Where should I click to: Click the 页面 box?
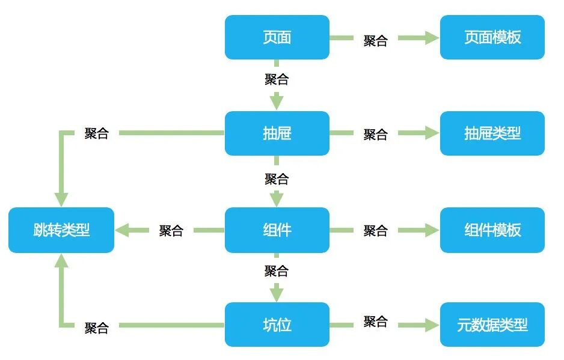[277, 37]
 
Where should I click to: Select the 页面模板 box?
[492, 37]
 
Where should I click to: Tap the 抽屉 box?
[277, 133]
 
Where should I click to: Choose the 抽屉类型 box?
[492, 133]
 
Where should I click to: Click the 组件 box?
[277, 230]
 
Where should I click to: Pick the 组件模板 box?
[492, 230]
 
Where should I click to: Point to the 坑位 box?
[277, 325]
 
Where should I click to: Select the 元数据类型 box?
[492, 325]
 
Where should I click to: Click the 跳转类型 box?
[61, 230]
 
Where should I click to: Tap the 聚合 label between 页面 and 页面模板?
[376, 41]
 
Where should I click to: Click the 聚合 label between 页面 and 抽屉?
[277, 79]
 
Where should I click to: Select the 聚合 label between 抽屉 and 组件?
[277, 178]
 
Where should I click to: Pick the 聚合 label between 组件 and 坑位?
[277, 271]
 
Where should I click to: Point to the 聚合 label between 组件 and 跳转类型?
[171, 231]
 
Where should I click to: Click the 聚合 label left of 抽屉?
[97, 133]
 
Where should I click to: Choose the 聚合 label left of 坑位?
[97, 328]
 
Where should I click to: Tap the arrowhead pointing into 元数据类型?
[432, 325]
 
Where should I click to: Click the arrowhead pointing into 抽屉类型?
[432, 133]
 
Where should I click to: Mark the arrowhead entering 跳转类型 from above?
[61, 199]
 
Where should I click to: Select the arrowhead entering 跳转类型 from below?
[61, 260]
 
